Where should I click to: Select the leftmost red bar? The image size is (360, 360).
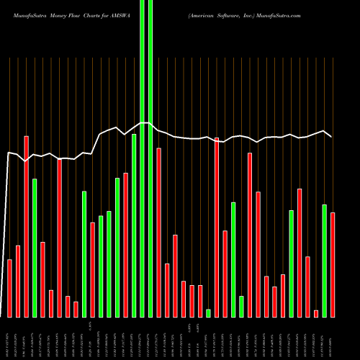[10, 288]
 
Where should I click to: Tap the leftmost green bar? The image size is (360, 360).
[35, 248]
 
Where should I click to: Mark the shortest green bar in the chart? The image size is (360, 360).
[209, 313]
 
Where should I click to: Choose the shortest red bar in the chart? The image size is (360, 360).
[316, 313]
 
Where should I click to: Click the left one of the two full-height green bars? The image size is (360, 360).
[142, 158]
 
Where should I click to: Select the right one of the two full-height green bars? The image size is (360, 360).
[150, 158]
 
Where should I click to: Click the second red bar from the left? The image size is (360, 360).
[18, 281]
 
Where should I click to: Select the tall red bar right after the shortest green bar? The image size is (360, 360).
[217, 227]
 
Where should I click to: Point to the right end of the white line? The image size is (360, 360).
[331, 136]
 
